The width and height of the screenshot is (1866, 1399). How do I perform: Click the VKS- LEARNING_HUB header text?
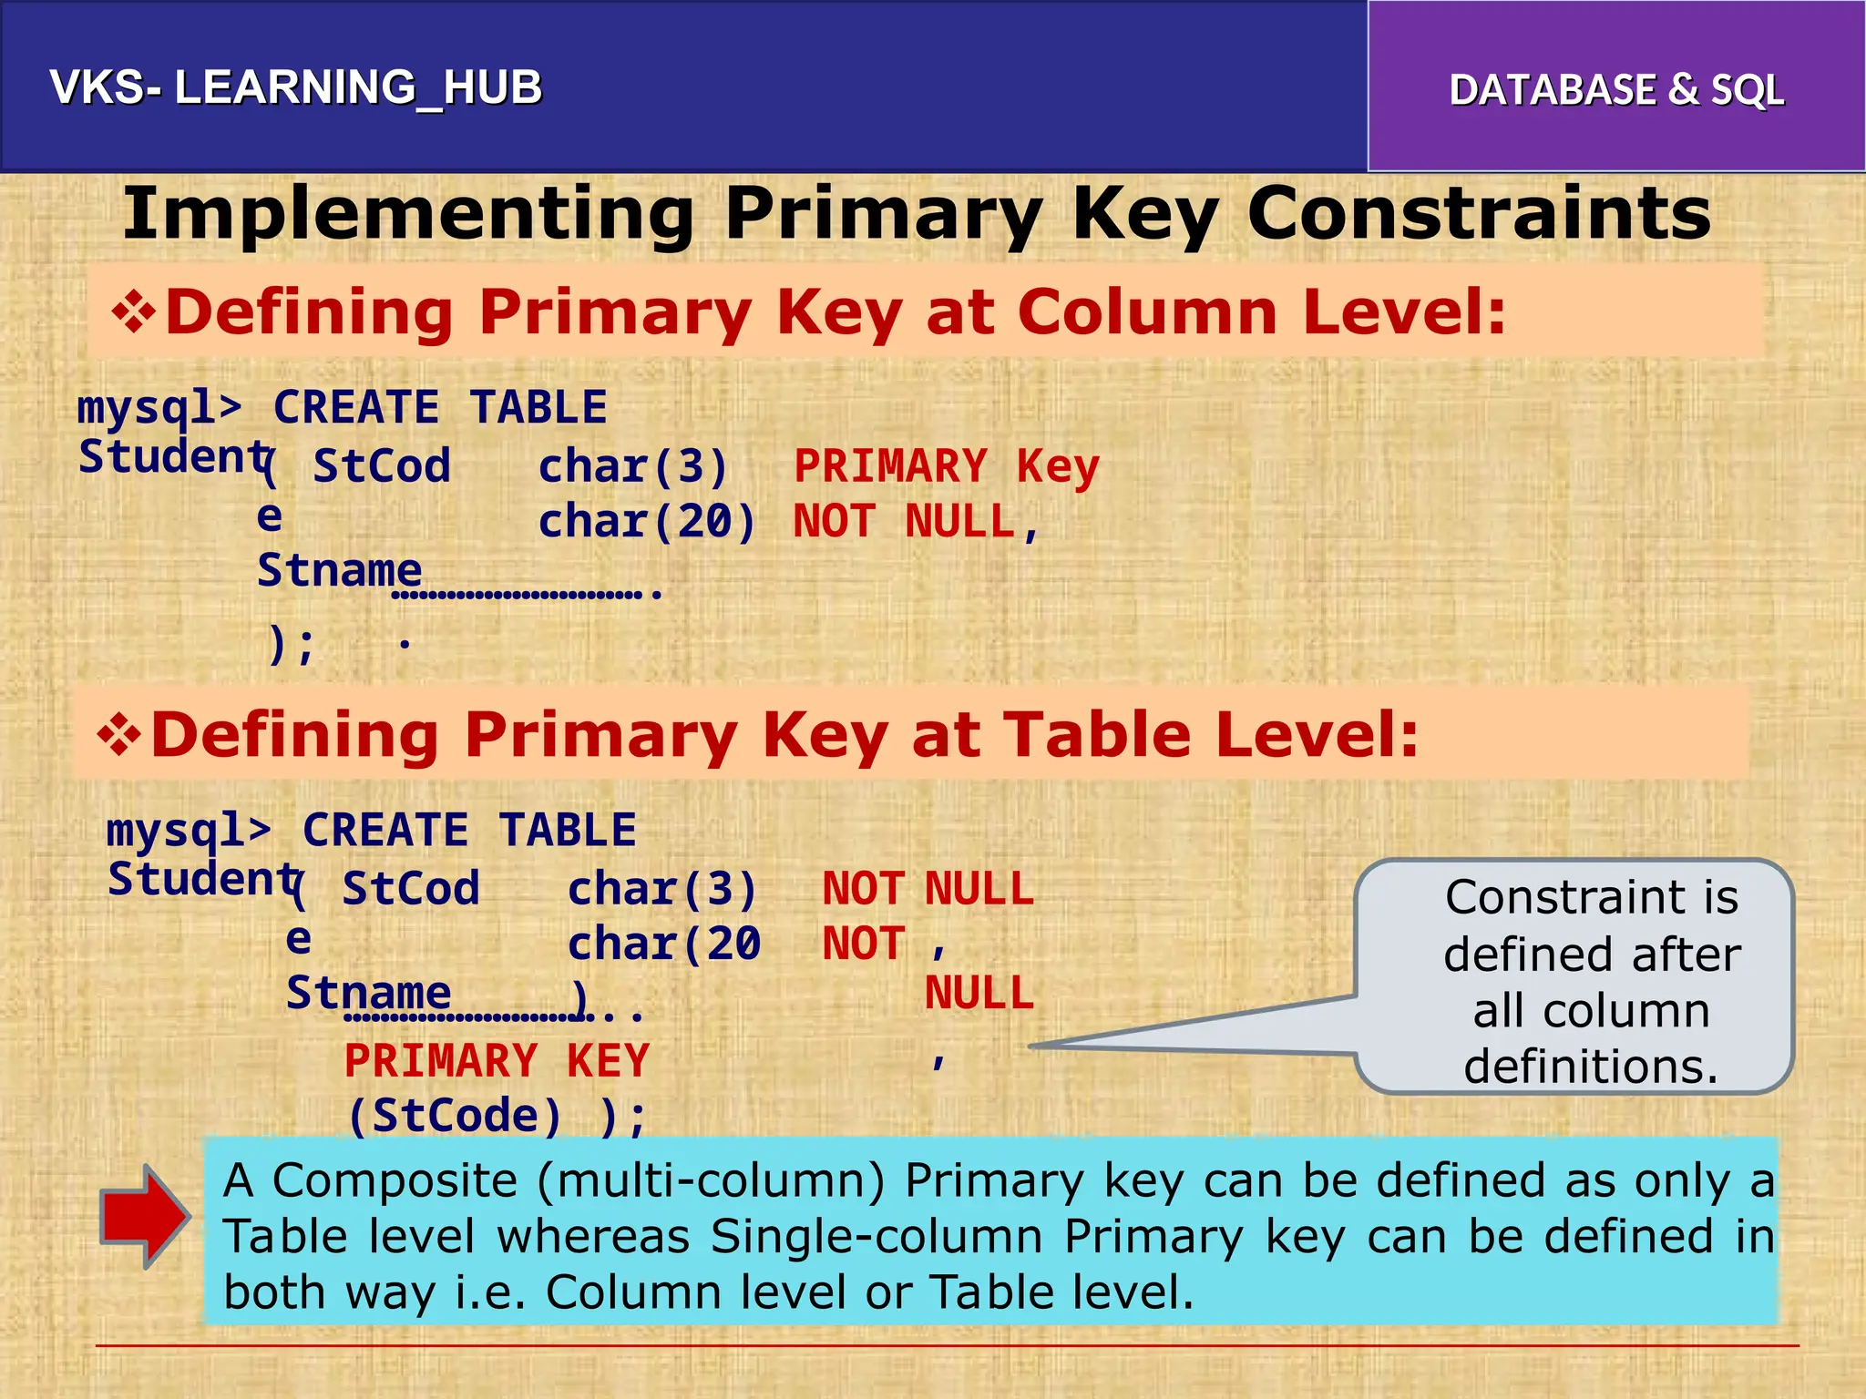click(296, 88)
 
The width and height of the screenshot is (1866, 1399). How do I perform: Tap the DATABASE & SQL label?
click(1616, 90)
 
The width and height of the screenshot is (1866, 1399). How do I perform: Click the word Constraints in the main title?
click(1478, 214)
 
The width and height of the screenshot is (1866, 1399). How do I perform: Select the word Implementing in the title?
click(409, 214)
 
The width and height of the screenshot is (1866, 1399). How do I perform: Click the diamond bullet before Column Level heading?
click(133, 312)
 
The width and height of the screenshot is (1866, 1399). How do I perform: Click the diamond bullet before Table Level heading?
click(119, 735)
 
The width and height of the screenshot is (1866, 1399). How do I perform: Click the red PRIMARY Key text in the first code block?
click(946, 467)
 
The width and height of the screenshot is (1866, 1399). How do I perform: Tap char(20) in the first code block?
click(647, 522)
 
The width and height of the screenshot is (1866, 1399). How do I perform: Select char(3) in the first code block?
click(633, 467)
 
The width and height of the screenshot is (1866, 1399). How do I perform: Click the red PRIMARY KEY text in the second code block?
click(497, 1061)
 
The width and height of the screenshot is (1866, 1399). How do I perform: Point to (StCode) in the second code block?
click(455, 1116)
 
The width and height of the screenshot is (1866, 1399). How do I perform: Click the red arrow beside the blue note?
click(145, 1216)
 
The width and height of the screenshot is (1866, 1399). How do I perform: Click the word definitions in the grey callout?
click(1591, 1067)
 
